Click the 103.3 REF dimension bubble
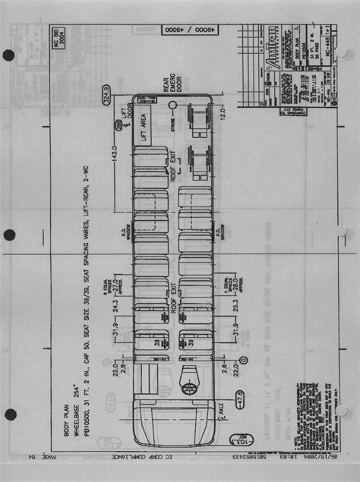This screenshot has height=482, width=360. click(235, 441)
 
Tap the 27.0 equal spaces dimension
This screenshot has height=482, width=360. click(115, 285)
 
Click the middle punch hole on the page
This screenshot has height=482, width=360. click(9, 235)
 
